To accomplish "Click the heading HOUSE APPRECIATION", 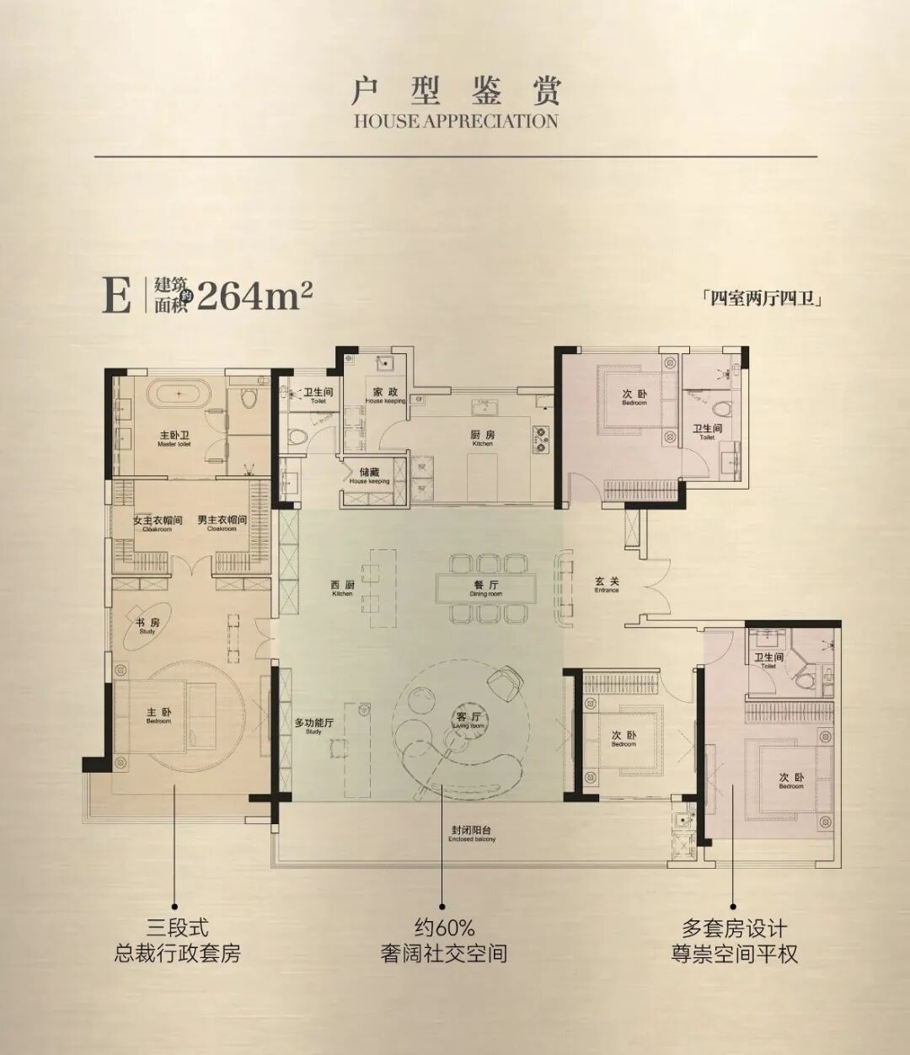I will pos(455,120).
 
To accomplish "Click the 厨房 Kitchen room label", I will pos(482,437).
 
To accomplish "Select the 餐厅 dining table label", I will pos(486,586).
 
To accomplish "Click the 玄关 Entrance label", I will pos(607,584).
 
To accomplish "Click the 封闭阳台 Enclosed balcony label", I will pos(472,833).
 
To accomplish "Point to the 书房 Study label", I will pos(147,624).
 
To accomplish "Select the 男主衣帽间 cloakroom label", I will pos(222,522).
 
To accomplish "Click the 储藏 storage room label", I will pos(369,475).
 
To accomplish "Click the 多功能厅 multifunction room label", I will pos(314,726).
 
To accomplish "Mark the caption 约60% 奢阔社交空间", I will pos(443,941).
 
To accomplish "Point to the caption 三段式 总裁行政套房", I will pos(177,941).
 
